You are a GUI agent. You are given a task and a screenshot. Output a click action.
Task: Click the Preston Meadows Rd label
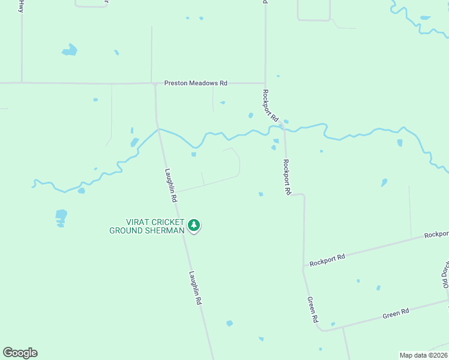pyautogui.click(x=196, y=83)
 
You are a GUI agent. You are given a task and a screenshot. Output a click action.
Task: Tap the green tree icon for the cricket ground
pyautogui.click(x=193, y=225)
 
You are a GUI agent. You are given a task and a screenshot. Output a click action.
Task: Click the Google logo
pyautogui.click(x=20, y=353)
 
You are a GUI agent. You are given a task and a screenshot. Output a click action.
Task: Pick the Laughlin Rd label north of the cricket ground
pyautogui.click(x=171, y=184)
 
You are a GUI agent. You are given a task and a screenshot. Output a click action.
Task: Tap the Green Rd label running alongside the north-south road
pyautogui.click(x=312, y=310)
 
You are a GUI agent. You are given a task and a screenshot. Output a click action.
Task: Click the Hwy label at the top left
pyautogui.click(x=22, y=7)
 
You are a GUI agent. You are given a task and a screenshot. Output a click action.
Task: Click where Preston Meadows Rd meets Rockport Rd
pyautogui.click(x=265, y=83)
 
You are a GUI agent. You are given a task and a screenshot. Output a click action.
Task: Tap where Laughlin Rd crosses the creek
pyautogui.click(x=159, y=130)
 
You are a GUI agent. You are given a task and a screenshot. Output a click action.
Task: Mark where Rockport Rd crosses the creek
pyautogui.click(x=282, y=125)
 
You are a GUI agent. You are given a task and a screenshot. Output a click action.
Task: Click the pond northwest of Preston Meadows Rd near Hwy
pyautogui.click(x=70, y=50)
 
